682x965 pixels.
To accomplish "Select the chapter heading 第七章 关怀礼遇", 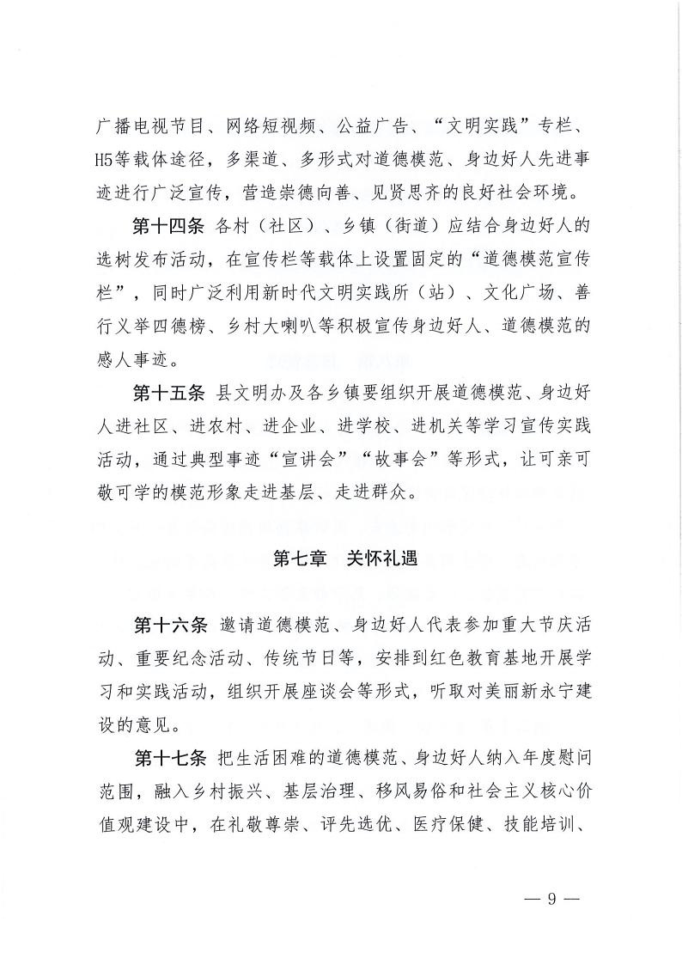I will [344, 559].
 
